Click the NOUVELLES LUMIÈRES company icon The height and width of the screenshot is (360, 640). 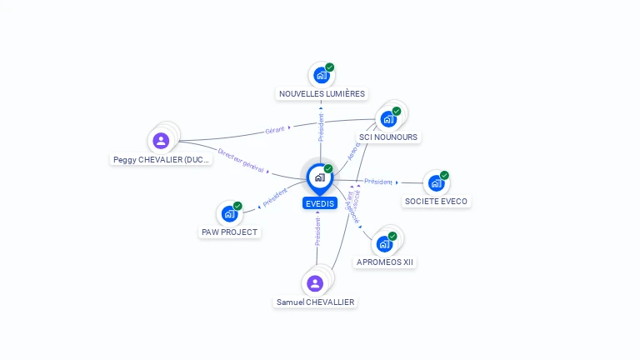(x=322, y=76)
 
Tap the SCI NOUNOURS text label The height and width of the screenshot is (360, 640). (x=388, y=137)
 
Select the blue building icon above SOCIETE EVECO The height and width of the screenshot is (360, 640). (x=436, y=183)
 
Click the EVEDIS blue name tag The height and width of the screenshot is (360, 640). (x=320, y=203)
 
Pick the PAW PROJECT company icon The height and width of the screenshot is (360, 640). (x=229, y=214)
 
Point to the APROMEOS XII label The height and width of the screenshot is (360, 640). (x=385, y=262)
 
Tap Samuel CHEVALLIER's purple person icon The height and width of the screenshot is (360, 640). (x=315, y=283)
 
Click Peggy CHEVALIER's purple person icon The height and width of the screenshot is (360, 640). (x=162, y=141)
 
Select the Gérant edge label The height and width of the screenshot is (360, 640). (x=275, y=129)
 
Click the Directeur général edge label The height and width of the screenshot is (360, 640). (x=240, y=161)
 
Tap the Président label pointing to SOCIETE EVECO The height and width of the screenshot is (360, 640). (x=378, y=181)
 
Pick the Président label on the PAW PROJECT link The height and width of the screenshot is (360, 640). (x=275, y=197)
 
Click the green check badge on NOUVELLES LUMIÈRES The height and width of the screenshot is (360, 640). (x=330, y=67)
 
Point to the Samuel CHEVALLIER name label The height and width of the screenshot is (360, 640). (x=316, y=302)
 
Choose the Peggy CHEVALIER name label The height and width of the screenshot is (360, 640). (x=162, y=159)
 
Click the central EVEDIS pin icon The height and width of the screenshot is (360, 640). (x=320, y=177)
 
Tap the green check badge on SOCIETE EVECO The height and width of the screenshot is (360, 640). (x=444, y=175)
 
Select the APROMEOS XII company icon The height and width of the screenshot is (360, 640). (x=384, y=244)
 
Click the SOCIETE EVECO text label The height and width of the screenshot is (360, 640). (x=436, y=201)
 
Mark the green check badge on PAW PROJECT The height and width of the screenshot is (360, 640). (x=237, y=206)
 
